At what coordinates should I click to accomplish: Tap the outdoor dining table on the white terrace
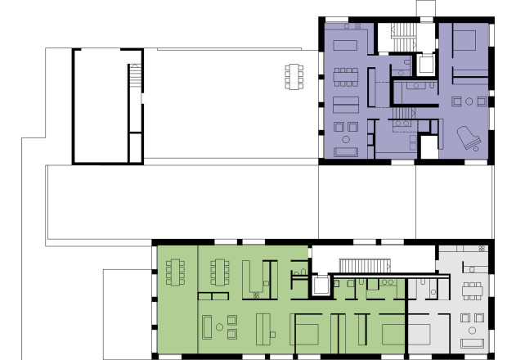[x=294, y=77]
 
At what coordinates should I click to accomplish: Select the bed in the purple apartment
[x=464, y=40]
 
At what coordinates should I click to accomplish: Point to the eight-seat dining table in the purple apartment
[x=346, y=76]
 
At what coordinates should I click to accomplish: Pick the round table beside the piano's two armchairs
[x=469, y=101]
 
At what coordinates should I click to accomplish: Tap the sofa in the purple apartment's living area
[x=347, y=151]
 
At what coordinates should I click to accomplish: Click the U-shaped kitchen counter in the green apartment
[x=258, y=278]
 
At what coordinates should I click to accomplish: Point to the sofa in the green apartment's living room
[x=207, y=327]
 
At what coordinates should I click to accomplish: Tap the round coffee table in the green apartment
[x=219, y=328]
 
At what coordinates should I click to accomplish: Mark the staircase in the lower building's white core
[x=360, y=265]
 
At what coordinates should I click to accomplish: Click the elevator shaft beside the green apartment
[x=321, y=286]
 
